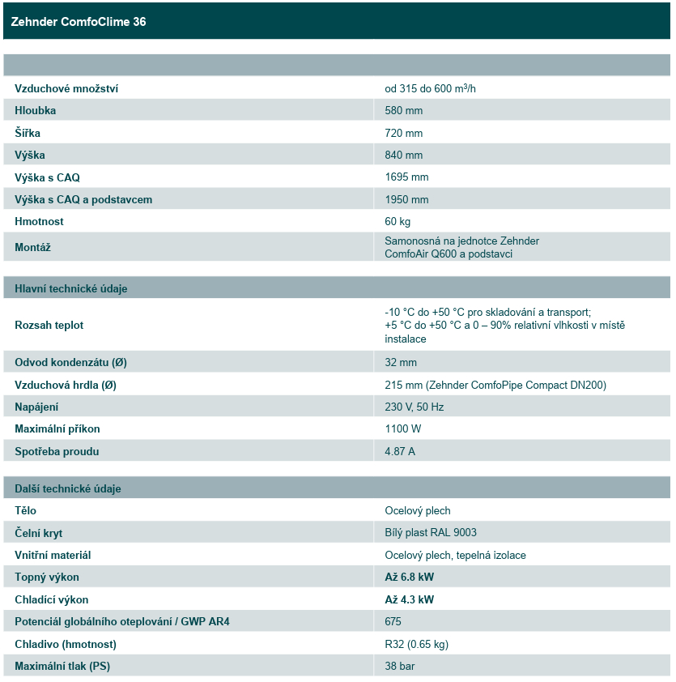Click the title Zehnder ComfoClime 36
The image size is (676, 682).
pos(79,22)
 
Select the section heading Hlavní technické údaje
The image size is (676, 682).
pos(71,288)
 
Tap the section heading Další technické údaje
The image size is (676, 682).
pos(68,488)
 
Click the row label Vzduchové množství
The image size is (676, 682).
pos(66,88)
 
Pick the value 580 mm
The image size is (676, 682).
pos(403,110)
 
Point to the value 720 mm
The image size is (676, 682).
pos(403,133)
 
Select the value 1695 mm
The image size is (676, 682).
pos(406,177)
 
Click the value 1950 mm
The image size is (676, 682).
pos(406,199)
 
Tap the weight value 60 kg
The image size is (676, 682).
pos(398,221)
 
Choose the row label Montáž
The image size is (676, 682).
pos(32,247)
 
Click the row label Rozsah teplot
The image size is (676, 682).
pos(49,325)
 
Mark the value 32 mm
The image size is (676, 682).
pos(401,362)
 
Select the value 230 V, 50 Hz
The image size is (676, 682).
pos(414,407)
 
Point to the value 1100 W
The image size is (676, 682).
pos(402,428)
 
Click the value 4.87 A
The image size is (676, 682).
pos(400,451)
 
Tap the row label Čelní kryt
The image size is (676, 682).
pos(38,533)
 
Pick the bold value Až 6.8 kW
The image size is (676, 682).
pos(409,578)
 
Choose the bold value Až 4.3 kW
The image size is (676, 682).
pos(409,599)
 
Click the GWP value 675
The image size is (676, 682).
pos(393,622)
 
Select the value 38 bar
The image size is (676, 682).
pos(400,666)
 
